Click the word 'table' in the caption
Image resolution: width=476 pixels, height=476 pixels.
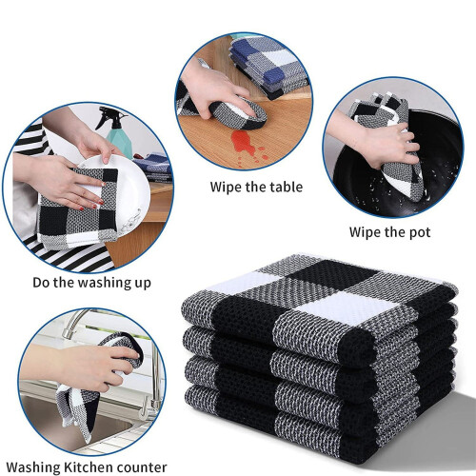(286, 187)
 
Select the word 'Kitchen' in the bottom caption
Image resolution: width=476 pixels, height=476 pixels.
(88, 467)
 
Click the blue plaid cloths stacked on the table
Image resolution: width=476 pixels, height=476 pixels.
(268, 64)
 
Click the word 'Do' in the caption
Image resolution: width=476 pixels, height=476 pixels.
(41, 283)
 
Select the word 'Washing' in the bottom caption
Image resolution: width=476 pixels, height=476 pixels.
(33, 468)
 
